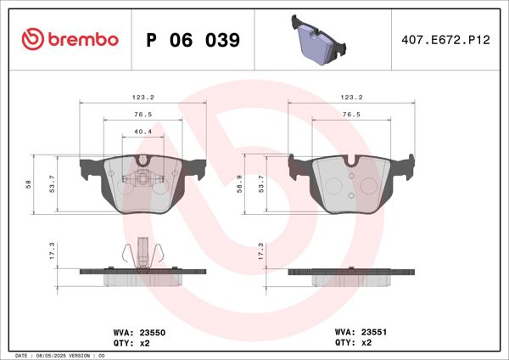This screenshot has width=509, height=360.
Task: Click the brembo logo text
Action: pyautogui.click(x=82, y=40)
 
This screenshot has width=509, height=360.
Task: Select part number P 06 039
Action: pyautogui.click(x=193, y=40)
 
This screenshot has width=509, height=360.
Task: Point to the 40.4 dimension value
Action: pyautogui.click(x=143, y=132)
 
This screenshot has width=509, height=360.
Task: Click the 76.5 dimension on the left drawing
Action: pyautogui.click(x=143, y=114)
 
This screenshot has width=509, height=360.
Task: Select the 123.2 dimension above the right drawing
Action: pyautogui.click(x=352, y=97)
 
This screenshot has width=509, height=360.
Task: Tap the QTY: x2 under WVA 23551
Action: pyautogui.click(x=355, y=343)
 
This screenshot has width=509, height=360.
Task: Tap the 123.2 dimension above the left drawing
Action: pyautogui.click(x=143, y=97)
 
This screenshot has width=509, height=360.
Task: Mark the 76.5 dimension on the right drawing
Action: pyautogui.click(x=352, y=114)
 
